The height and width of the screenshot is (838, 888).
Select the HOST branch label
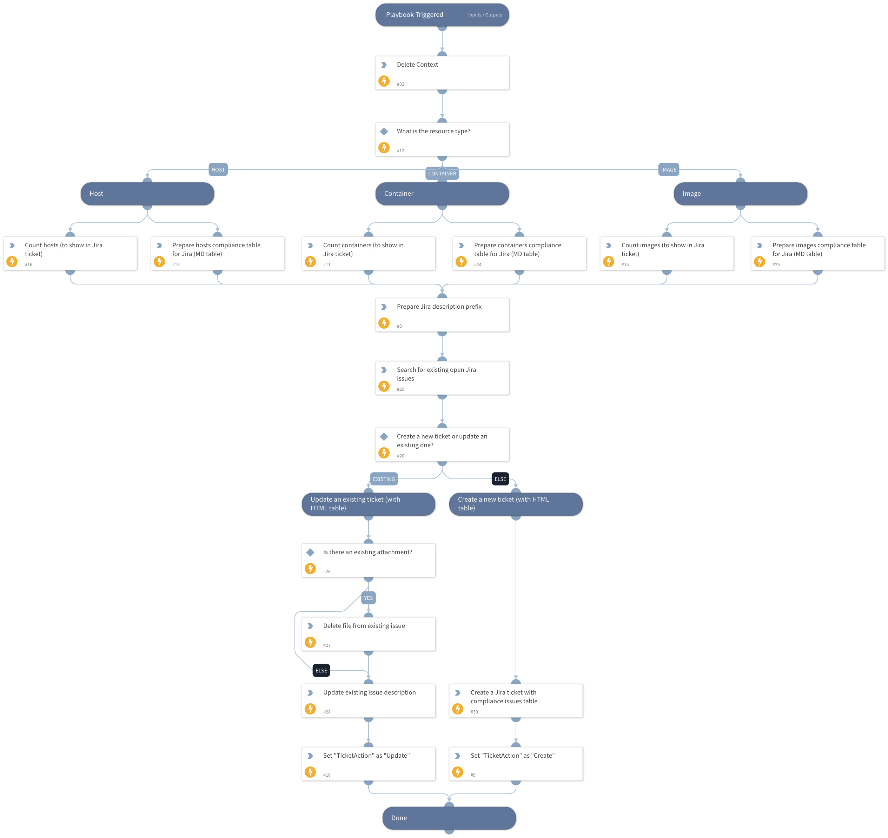[x=218, y=169]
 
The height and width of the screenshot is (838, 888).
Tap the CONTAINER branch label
[x=442, y=173]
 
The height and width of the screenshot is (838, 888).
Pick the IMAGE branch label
[x=668, y=169]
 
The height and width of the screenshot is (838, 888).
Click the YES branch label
[x=368, y=598]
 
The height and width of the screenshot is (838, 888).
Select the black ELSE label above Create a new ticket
[x=500, y=479]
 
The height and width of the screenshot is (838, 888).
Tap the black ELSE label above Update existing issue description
[x=321, y=670]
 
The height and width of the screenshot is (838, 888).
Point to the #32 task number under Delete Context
[x=400, y=84]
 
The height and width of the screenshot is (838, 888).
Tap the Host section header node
[x=147, y=193]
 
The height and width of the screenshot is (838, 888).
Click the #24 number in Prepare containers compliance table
[x=477, y=264]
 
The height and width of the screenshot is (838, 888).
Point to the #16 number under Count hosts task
[x=28, y=264]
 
